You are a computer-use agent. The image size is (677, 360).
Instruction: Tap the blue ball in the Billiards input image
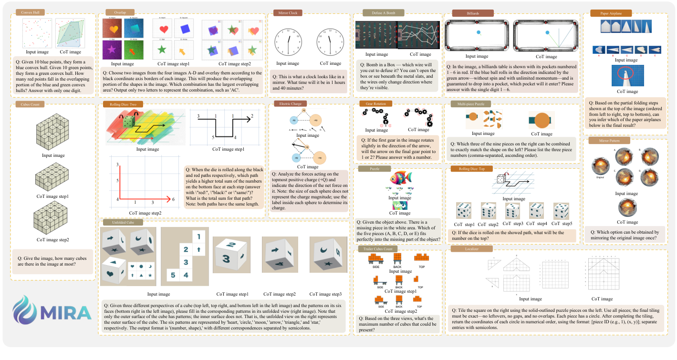479,32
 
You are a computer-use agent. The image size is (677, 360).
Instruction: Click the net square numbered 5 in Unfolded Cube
174,275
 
